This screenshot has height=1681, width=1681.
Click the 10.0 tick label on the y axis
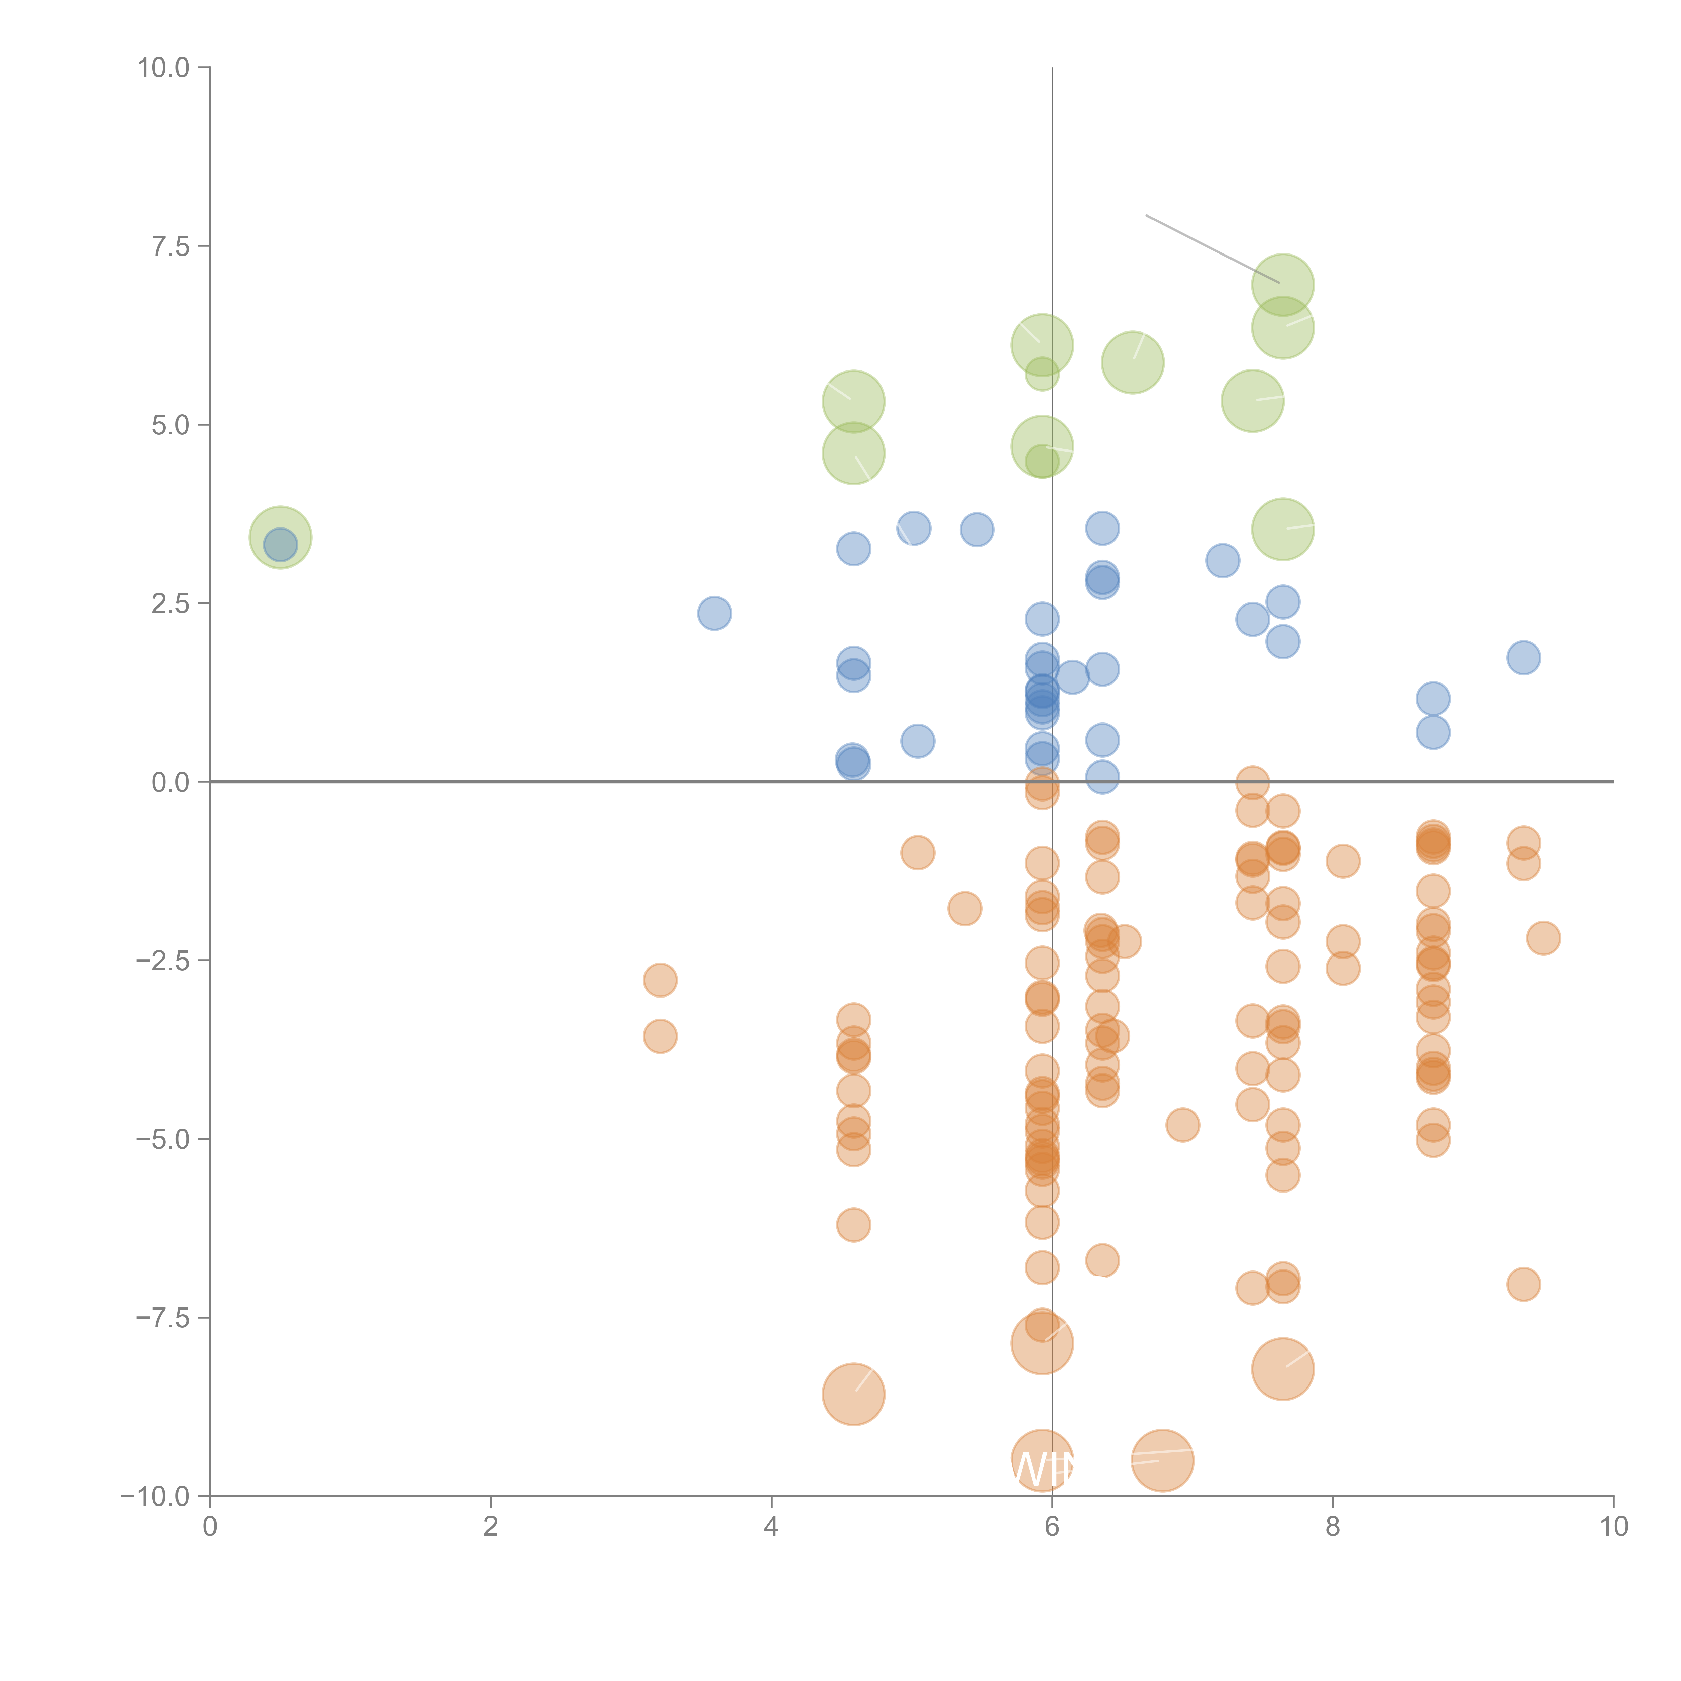[x=164, y=68]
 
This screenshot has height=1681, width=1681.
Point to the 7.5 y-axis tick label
[x=170, y=246]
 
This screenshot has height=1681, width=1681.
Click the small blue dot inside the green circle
[x=280, y=545]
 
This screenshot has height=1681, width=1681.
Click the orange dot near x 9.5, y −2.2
[x=1543, y=938]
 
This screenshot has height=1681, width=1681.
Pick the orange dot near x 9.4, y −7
[x=1523, y=1284]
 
